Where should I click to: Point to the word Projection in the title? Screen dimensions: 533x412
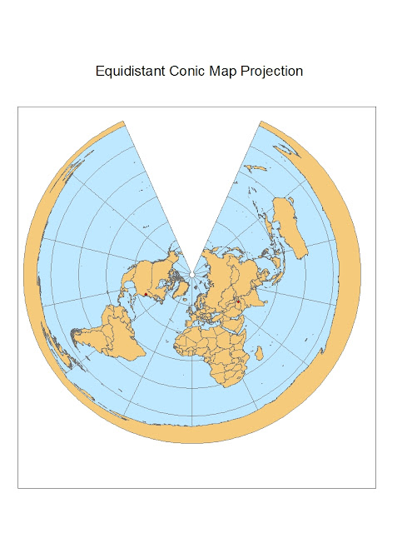[272, 72]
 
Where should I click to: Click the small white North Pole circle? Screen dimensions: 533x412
[191, 271]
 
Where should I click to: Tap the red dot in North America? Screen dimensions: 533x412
[146, 293]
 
